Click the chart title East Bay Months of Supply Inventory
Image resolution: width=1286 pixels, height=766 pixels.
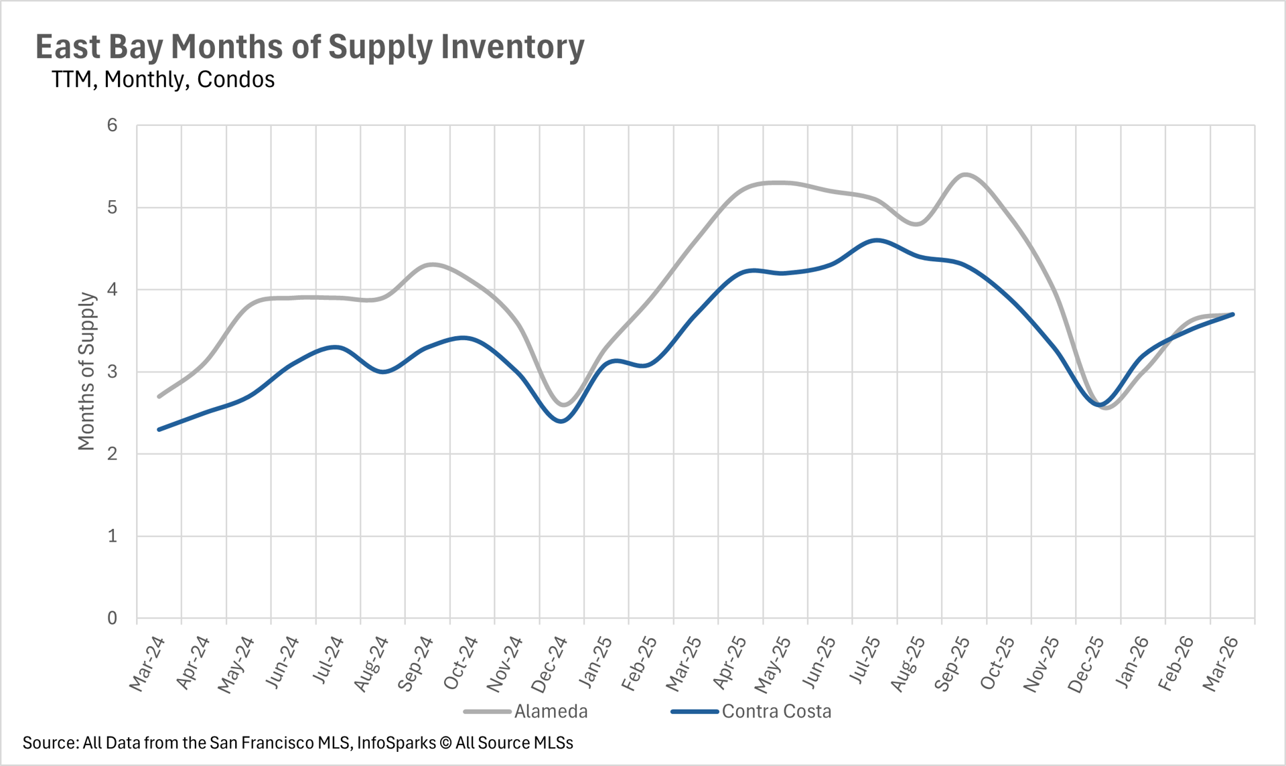[x=309, y=47]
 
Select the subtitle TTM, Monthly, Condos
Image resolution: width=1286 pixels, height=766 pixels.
[x=163, y=80]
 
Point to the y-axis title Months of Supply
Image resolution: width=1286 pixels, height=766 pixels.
[x=86, y=371]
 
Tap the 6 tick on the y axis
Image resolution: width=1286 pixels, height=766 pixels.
[x=112, y=125]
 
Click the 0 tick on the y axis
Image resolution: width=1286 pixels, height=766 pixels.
[x=112, y=618]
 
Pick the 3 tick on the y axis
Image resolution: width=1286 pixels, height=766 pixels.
[x=112, y=372]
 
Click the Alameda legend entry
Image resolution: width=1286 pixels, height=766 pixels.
[x=551, y=711]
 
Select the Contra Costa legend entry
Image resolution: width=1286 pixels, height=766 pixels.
[x=776, y=711]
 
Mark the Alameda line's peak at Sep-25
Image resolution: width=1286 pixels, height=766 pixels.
[x=964, y=174]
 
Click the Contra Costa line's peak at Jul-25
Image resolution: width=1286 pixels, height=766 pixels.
[x=875, y=240]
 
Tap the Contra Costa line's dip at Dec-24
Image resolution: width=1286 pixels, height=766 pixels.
[x=561, y=421]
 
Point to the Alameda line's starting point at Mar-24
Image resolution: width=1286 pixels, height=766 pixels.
[x=159, y=396]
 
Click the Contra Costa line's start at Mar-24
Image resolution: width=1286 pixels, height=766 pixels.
[x=159, y=429]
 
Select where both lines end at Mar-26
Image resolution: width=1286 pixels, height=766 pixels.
[x=1232, y=314]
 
